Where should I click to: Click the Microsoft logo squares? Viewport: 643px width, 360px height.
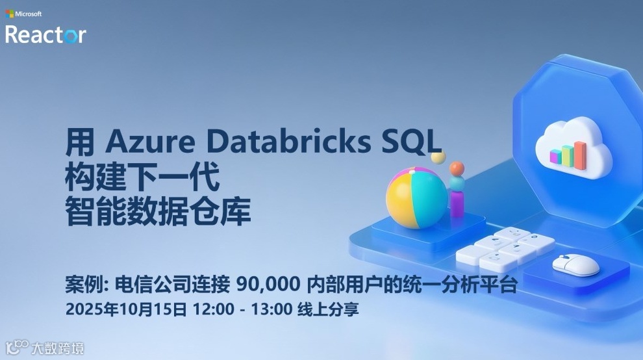10,14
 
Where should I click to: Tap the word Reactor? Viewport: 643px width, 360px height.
45,34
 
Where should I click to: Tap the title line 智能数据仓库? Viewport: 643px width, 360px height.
158,212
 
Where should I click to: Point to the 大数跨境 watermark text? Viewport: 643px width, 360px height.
58,349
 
